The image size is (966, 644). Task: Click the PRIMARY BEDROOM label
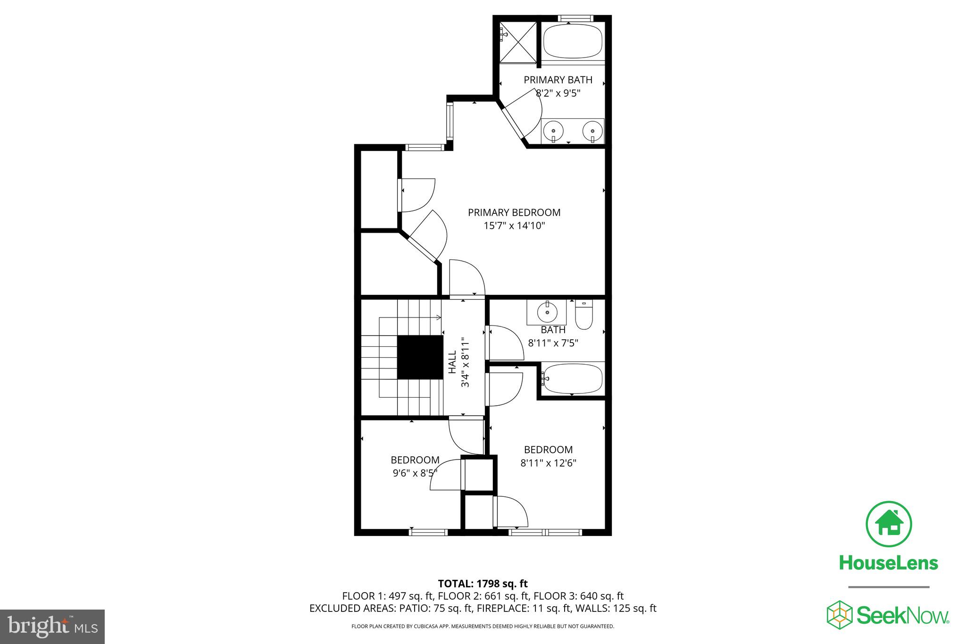pos(514,213)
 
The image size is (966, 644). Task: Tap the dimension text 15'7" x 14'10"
pos(514,226)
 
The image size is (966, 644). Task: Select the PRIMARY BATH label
pos(558,80)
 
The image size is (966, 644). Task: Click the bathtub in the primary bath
pos(573,42)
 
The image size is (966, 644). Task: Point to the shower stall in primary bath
pos(518,42)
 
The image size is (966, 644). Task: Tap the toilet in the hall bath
pos(584,316)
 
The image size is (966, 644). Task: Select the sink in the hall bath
pos(547,312)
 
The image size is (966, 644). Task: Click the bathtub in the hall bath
pos(573,379)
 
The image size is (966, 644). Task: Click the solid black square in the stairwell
pos(420,357)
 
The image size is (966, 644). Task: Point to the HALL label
pos(452,362)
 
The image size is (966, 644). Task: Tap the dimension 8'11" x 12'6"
pos(548,463)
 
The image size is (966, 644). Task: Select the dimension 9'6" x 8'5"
pos(415,473)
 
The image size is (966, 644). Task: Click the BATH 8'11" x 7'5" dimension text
pos(553,343)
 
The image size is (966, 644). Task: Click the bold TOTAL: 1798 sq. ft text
pos(483,584)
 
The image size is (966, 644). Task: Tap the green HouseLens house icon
pos(889,524)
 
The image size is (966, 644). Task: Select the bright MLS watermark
pos(52,627)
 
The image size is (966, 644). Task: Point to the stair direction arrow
pos(436,318)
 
